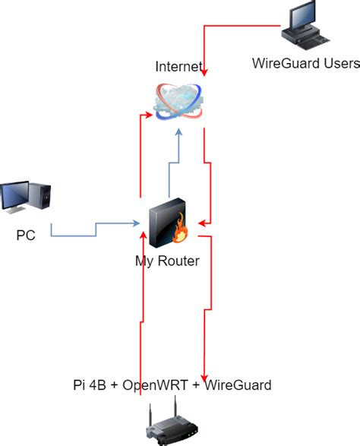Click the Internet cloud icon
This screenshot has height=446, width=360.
point(178,104)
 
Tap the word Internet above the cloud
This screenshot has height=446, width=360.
point(178,67)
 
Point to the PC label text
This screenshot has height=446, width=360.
point(26,236)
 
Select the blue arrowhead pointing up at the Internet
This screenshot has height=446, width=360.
point(179,131)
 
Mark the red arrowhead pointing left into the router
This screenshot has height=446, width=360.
point(200,225)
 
